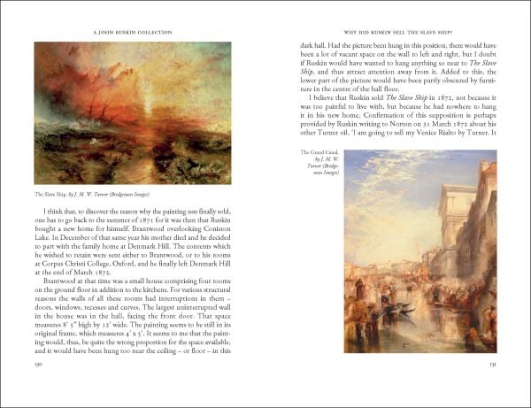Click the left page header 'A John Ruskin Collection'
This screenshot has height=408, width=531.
point(132,33)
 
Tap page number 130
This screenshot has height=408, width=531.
point(38,363)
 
